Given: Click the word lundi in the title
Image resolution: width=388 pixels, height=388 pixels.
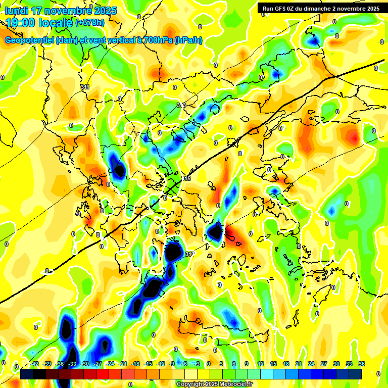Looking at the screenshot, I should point(17,11).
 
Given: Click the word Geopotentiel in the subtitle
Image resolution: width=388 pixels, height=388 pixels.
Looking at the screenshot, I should point(29,40).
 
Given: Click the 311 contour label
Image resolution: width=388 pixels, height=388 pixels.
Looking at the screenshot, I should point(85,87).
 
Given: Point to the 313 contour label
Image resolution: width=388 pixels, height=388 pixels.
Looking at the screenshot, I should point(181,105).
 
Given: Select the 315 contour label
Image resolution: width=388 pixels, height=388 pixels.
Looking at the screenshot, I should point(186,178).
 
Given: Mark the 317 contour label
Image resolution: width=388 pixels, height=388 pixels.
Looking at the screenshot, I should point(190,254).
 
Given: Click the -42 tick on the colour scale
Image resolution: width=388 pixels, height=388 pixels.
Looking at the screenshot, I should point(34,364).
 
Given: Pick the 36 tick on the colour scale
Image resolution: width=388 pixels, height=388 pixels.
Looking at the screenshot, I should point(361,364).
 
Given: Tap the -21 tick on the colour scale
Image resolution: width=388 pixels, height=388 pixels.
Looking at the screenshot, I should point(122,364).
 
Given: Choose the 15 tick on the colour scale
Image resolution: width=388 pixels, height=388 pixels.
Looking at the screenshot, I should point(273,364).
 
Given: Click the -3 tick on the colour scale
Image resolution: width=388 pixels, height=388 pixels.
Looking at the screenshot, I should point(198,364).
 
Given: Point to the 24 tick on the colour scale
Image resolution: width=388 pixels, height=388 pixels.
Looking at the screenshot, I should point(311,364).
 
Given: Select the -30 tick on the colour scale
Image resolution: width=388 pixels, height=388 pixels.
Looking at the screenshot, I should point(84,364).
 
